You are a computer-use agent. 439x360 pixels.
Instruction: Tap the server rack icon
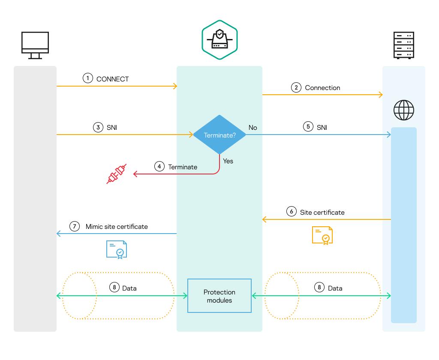tap(403, 45)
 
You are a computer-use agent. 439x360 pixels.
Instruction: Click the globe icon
tap(403, 110)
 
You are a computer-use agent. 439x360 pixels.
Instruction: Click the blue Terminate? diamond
tap(219, 135)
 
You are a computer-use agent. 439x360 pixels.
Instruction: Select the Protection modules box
tap(219, 296)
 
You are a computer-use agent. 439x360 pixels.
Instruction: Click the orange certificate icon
tap(322, 235)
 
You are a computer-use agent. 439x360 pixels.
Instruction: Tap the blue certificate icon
tap(117, 249)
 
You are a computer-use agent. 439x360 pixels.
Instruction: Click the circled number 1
tap(87, 78)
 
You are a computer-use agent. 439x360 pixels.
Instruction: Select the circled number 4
tap(159, 166)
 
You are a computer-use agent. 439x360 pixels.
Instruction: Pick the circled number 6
tap(292, 212)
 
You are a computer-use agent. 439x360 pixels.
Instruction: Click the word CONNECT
tap(113, 79)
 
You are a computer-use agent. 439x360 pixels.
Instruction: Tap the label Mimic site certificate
tap(117, 226)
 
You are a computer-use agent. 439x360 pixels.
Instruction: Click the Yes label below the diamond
tap(228, 161)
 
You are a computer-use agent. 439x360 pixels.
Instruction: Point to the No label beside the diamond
tap(253, 127)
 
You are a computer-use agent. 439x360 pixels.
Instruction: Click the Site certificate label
tap(322, 212)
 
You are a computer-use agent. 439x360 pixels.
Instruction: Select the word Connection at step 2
tap(322, 87)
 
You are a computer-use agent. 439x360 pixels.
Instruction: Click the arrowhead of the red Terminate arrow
tap(135, 174)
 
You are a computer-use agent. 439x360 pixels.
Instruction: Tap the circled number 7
tap(75, 226)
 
